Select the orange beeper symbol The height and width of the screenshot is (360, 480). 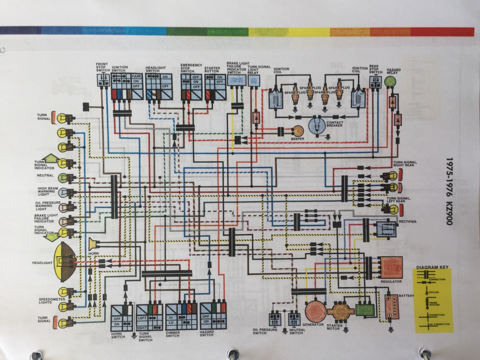pos(298,131)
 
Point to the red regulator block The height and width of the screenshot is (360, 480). pos(391,267)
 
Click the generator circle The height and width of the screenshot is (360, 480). pos(316,311)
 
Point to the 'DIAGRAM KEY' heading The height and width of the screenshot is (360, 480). pos(432,267)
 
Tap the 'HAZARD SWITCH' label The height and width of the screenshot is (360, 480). pos(207,333)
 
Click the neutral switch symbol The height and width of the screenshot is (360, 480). pos(295,319)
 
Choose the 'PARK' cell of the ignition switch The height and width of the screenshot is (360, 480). pos(136,76)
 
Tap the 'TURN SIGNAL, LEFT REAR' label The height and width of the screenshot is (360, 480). pos(399,200)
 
